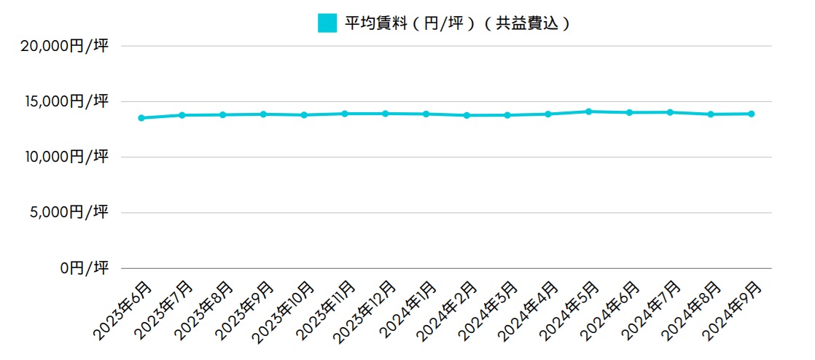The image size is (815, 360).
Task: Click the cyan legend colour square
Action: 327,23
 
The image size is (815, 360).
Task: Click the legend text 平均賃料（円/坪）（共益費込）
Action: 456,23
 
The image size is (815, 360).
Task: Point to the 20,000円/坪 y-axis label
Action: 65,47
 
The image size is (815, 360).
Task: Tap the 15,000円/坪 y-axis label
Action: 65,102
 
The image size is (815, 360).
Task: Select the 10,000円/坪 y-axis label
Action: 65,157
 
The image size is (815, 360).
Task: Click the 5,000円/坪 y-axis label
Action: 69,213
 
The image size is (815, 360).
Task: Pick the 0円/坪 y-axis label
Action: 85,268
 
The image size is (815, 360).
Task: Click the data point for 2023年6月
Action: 141,118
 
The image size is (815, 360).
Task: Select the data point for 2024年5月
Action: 588,111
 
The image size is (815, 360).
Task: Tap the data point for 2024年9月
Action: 751,114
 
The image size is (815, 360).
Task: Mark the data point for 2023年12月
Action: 385,114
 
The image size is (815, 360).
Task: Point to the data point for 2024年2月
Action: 467,115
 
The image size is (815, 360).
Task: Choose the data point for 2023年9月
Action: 263,114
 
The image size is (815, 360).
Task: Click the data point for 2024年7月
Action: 670,112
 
